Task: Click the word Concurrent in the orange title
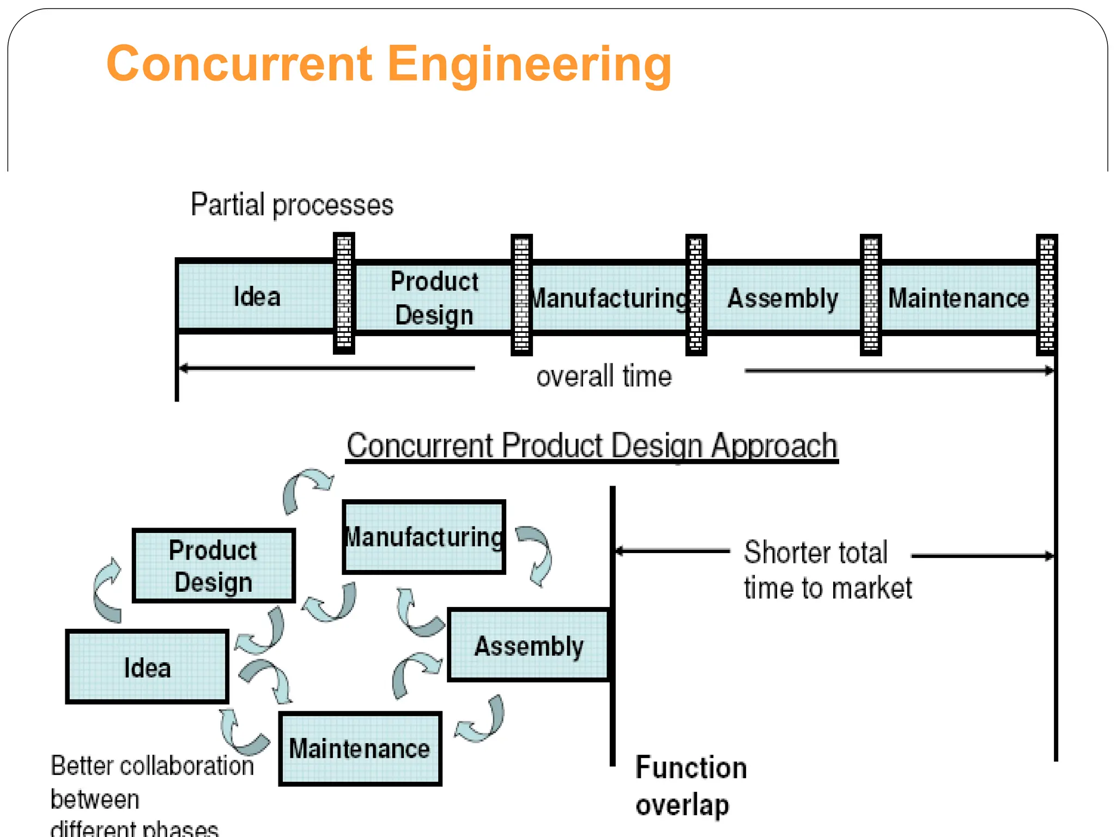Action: coord(239,64)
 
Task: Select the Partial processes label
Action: coord(292,205)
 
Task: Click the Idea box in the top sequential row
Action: coord(256,297)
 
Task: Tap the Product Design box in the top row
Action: coord(434,298)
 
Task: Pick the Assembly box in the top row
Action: coord(783,298)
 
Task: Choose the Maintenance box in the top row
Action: coord(958,298)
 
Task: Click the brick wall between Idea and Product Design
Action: coord(344,293)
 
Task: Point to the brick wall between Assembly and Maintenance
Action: coord(870,295)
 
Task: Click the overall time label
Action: coord(604,377)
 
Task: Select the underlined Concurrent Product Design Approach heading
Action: coord(592,446)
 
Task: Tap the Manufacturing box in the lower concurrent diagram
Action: coord(424,537)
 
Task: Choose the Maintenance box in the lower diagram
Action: coord(360,749)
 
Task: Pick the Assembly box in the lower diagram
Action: coord(528,646)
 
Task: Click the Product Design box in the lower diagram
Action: coord(214,566)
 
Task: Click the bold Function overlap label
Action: coord(690,786)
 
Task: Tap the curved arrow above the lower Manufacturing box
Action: coord(306,489)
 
